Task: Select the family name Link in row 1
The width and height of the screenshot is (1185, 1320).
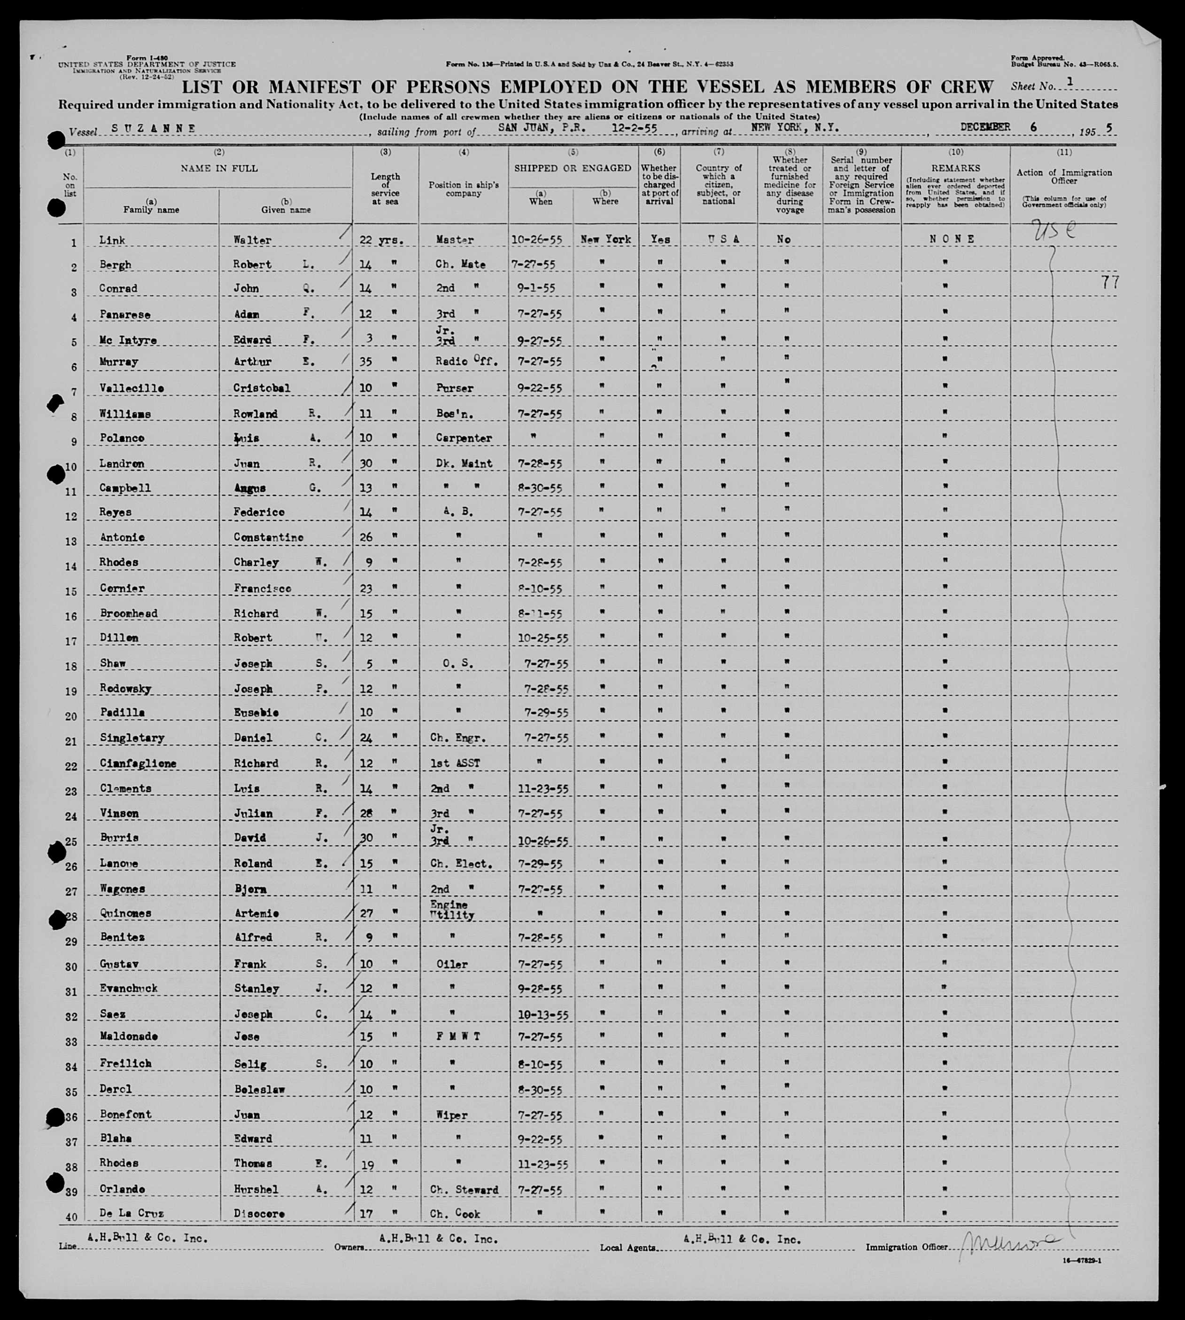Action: pyautogui.click(x=112, y=240)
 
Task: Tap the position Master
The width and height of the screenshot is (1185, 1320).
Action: pyautogui.click(x=455, y=240)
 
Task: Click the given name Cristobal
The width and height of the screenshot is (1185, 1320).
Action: pyautogui.click(x=262, y=388)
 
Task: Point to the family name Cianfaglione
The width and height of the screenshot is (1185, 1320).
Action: pyautogui.click(x=138, y=763)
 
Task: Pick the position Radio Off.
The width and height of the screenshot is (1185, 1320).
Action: pyautogui.click(x=466, y=361)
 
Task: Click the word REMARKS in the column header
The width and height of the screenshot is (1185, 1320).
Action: pyautogui.click(x=956, y=168)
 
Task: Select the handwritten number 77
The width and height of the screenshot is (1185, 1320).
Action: pyautogui.click(x=1109, y=282)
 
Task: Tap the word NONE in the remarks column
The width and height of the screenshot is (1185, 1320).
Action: pyautogui.click(x=952, y=239)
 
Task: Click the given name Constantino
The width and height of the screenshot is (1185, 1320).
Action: pyautogui.click(x=268, y=537)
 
